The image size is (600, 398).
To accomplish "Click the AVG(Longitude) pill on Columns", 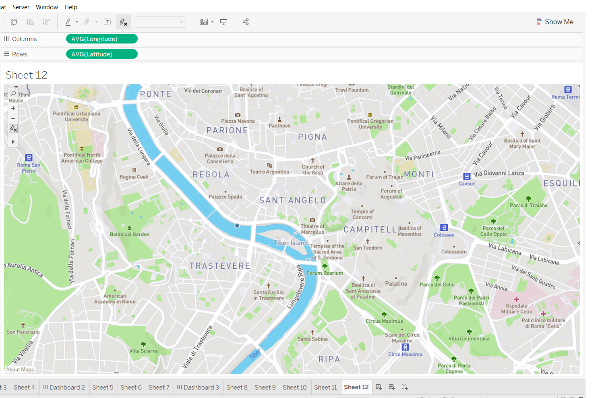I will (101, 39).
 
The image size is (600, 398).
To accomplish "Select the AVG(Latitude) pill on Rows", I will (101, 54).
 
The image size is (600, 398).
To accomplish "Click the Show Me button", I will (555, 22).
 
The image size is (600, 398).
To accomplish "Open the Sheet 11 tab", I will (325, 388).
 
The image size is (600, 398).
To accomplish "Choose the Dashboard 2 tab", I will (64, 388).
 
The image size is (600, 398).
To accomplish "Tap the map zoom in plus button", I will (13, 108).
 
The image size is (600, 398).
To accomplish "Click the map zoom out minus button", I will (13, 118).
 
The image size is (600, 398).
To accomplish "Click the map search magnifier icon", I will (13, 93).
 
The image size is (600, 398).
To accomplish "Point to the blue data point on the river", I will (237, 226).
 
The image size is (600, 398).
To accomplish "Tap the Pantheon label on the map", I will (279, 126).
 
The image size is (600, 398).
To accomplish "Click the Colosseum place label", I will (454, 252).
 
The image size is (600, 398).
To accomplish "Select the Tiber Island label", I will (291, 243).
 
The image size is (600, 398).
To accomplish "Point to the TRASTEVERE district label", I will (220, 266).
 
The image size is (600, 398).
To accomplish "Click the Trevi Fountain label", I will (352, 90).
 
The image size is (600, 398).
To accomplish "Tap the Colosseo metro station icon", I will (444, 228).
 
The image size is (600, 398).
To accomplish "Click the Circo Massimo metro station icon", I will (406, 347).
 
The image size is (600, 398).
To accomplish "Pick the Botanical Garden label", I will (130, 234).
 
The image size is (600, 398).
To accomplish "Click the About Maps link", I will (20, 370).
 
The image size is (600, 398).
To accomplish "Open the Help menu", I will (71, 7).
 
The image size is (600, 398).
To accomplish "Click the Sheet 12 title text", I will (27, 75).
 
